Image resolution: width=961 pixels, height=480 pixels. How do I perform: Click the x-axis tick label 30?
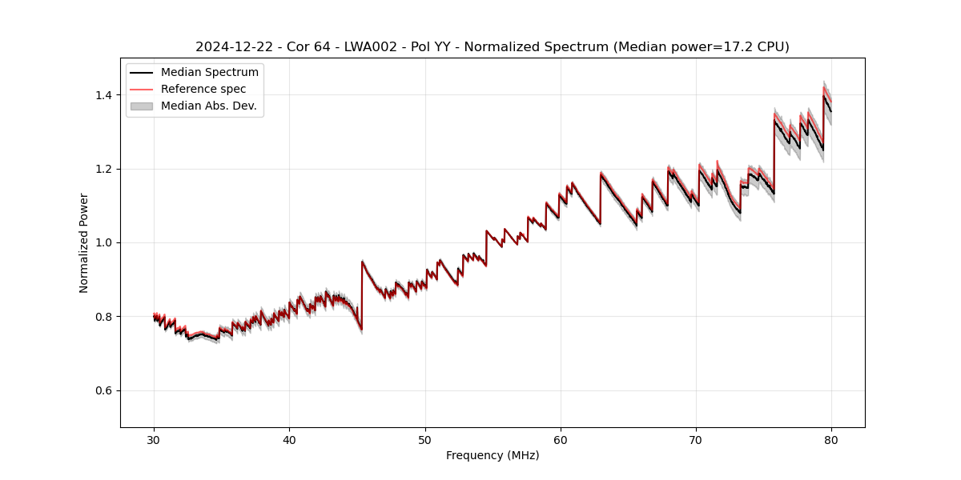click(154, 439)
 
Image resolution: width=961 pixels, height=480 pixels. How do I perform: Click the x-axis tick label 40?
click(289, 439)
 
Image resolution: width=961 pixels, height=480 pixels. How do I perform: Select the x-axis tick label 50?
click(425, 439)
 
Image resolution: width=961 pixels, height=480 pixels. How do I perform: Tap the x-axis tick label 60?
click(561, 439)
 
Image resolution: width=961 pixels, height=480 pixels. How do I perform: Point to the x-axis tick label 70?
click(696, 439)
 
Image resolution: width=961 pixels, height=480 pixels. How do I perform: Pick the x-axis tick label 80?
click(831, 439)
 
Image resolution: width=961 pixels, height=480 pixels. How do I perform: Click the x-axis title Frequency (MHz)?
click(493, 455)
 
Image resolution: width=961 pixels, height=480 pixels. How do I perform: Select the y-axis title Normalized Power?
click(84, 242)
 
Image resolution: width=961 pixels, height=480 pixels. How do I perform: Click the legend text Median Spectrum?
click(209, 73)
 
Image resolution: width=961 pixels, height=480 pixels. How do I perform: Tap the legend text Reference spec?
click(203, 89)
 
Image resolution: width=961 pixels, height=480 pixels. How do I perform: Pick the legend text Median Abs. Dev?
click(208, 106)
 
